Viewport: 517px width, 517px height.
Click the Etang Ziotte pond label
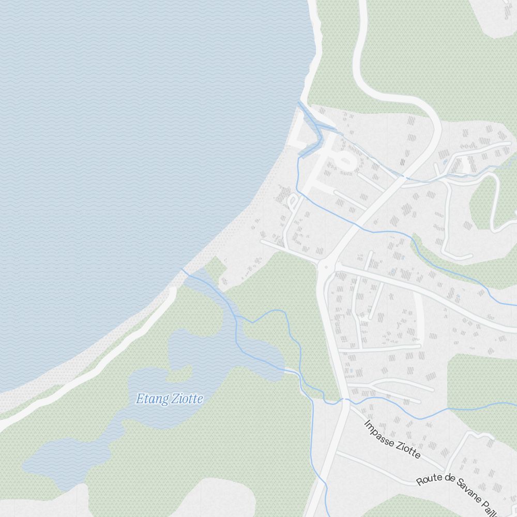[169, 399]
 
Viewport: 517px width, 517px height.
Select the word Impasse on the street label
[379, 433]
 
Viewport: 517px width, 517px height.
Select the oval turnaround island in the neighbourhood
[345, 160]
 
